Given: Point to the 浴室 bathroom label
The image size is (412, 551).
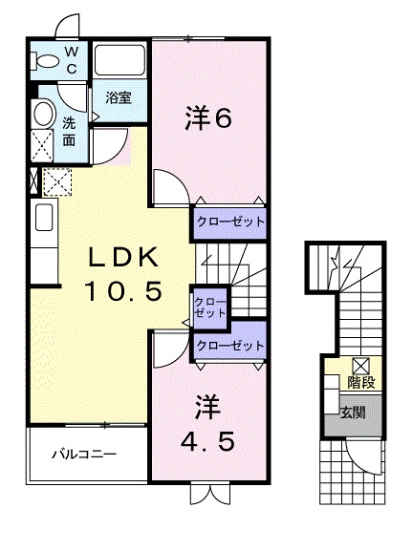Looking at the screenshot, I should click(119, 96).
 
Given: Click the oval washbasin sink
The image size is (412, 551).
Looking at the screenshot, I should click(43, 116).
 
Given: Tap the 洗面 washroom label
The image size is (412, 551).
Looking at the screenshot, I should click(70, 130).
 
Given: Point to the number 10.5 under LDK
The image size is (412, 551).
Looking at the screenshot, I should click(120, 289).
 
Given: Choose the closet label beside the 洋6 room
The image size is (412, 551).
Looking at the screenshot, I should click(229, 221).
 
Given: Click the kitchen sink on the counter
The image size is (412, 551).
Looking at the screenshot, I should click(44, 217).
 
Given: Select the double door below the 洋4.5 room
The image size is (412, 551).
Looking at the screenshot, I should click(209, 495).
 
